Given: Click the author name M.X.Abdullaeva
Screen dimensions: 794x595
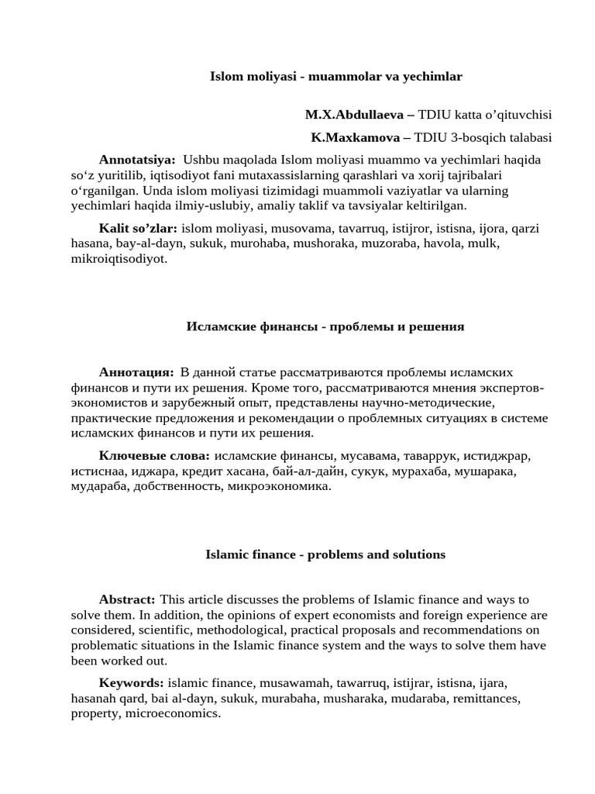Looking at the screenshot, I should pos(354,115).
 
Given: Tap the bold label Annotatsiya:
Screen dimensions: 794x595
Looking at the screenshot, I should pos(137,160).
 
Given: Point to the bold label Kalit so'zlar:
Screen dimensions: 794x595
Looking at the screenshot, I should pos(138,229).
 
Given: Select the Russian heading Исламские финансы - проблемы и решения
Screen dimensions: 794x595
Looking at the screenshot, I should pos(325,326).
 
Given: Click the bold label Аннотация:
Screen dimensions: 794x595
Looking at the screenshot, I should pos(136,373).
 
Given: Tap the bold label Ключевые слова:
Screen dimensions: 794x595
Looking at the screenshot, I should pos(154,456).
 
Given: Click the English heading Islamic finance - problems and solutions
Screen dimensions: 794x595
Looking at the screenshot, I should pos(325,554).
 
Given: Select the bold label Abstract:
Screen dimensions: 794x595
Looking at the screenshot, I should pos(127,600).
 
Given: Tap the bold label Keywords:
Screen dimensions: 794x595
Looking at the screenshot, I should pos(131,683).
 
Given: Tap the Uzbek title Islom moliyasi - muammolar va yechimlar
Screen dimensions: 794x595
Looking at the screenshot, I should pos(336,76).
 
